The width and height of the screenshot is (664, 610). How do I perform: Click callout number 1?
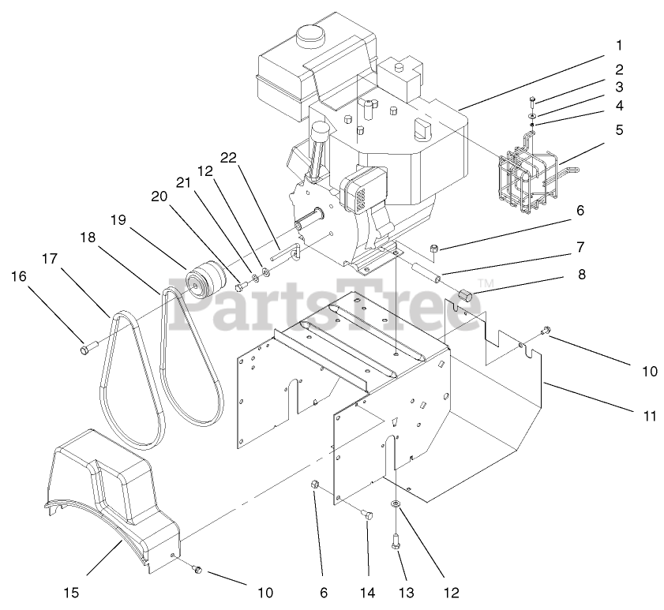(x=620, y=45)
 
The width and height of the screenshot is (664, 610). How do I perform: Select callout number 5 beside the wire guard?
(x=620, y=129)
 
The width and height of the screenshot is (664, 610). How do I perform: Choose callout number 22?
(x=229, y=158)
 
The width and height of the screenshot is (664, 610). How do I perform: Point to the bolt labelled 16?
(x=88, y=345)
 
